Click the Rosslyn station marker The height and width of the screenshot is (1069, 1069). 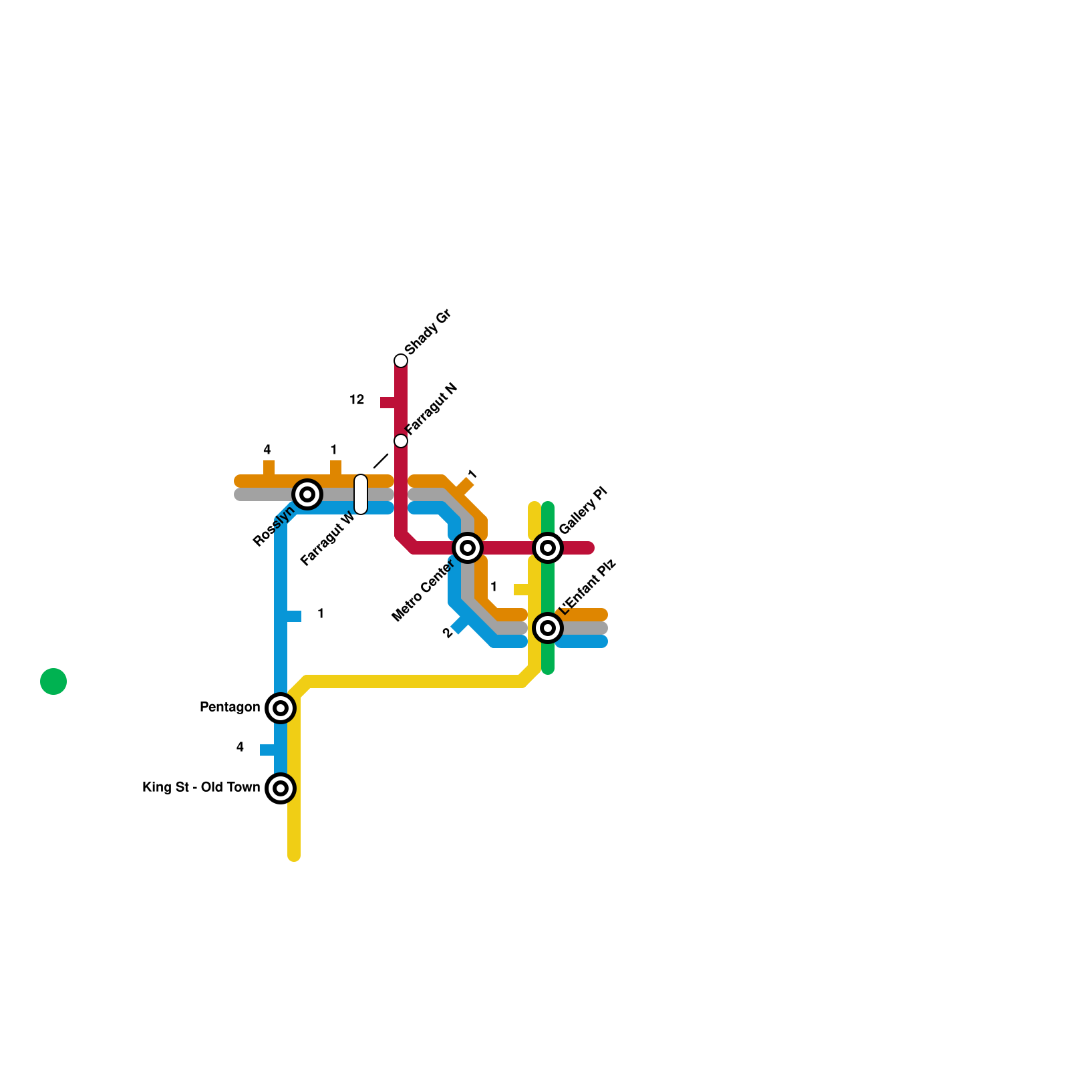click(x=307, y=494)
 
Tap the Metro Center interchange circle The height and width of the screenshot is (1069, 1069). click(x=468, y=548)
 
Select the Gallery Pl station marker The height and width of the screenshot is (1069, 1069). click(x=548, y=548)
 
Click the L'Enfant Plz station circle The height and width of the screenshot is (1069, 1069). click(x=548, y=628)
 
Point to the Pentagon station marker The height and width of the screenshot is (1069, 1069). click(x=281, y=708)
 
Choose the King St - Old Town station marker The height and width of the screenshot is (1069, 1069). click(x=281, y=788)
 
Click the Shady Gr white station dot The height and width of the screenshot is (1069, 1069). click(x=401, y=361)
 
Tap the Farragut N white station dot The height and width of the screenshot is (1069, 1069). click(x=401, y=441)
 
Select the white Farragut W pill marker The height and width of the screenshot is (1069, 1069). click(x=361, y=494)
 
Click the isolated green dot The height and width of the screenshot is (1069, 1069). click(x=53, y=681)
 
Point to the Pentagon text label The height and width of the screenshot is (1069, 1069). click(x=230, y=707)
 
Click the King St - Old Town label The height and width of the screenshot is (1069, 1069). click(x=201, y=787)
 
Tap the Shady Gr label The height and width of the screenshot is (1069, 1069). click(x=428, y=332)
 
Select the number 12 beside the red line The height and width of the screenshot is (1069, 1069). click(x=357, y=400)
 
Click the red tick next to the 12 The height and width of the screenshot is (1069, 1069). click(x=388, y=402)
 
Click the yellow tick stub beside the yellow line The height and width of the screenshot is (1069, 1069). click(x=521, y=589)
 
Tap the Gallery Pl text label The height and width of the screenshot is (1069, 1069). click(x=583, y=510)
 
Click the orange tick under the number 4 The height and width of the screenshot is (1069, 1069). click(x=269, y=467)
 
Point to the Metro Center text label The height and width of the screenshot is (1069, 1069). click(x=423, y=590)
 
